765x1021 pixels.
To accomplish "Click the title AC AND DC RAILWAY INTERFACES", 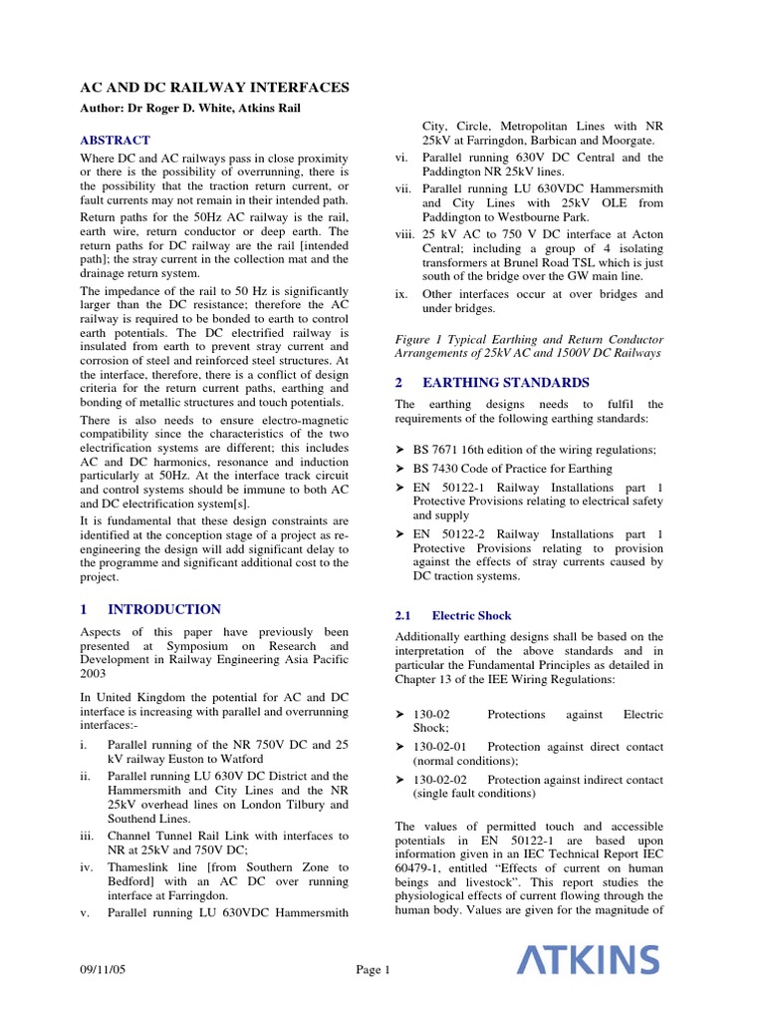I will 213,88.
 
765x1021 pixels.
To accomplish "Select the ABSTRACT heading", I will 115,141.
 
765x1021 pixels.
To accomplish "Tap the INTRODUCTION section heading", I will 163,609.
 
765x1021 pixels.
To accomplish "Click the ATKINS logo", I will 588,961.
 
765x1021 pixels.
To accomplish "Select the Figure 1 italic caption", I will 529,345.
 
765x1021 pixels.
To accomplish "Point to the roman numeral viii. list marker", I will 403,233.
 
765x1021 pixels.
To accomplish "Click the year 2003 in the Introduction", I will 94,674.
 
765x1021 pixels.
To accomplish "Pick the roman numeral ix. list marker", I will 402,294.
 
